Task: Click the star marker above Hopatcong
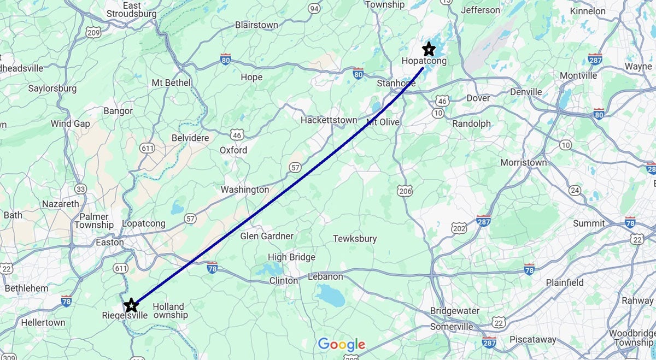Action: tap(429, 49)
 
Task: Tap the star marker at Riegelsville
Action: tap(131, 305)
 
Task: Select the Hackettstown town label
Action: tap(329, 120)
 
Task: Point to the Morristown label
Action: tap(523, 163)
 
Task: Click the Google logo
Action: tap(342, 344)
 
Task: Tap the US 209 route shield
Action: tap(93, 33)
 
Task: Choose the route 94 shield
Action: tap(314, 9)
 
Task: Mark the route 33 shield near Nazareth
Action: tap(81, 189)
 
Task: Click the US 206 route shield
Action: tap(405, 190)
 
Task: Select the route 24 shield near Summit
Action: tap(575, 190)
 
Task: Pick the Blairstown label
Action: tap(256, 25)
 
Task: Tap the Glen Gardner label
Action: tap(267, 237)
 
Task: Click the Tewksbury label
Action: tap(355, 239)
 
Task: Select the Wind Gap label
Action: tap(71, 123)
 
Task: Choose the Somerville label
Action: tap(452, 326)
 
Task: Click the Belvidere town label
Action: tap(190, 138)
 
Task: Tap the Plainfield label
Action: tap(565, 282)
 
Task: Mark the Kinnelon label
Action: tap(588, 11)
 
